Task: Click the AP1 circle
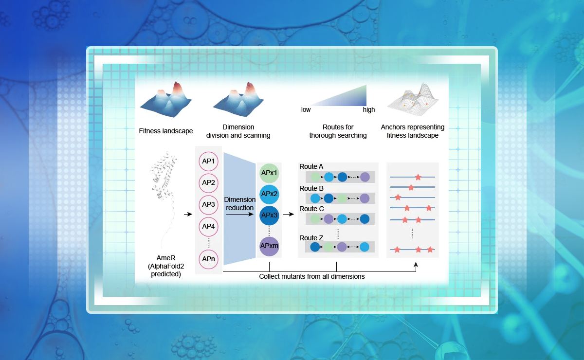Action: click(209, 161)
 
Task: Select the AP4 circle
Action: click(209, 226)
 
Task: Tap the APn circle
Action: click(209, 259)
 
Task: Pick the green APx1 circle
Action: click(269, 173)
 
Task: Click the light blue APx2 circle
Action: click(269, 194)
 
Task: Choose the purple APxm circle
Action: click(269, 246)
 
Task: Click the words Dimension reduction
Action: click(239, 203)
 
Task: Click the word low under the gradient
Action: click(306, 109)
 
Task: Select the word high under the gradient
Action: click(369, 109)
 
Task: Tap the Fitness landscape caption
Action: click(165, 131)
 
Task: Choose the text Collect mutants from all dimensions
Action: click(312, 276)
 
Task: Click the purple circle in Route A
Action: click(365, 177)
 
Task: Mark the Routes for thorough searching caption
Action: click(338, 131)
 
